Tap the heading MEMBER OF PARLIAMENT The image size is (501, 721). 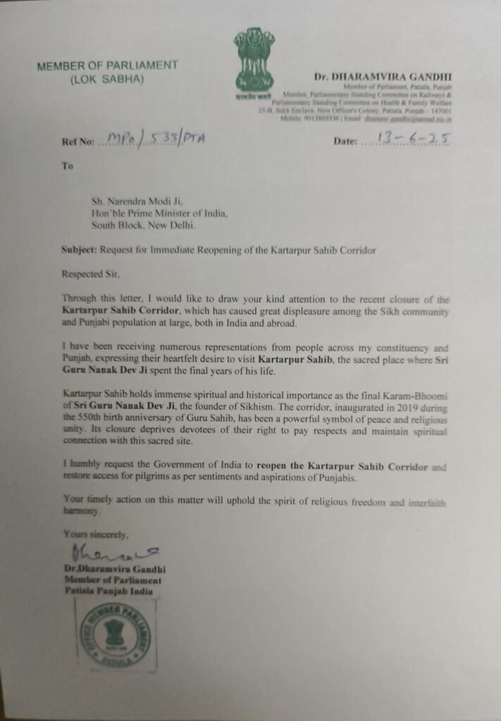coord(108,65)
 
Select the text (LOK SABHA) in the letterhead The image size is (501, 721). coord(107,79)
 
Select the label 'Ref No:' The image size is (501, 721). coord(77,142)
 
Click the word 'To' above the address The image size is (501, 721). coord(68,166)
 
